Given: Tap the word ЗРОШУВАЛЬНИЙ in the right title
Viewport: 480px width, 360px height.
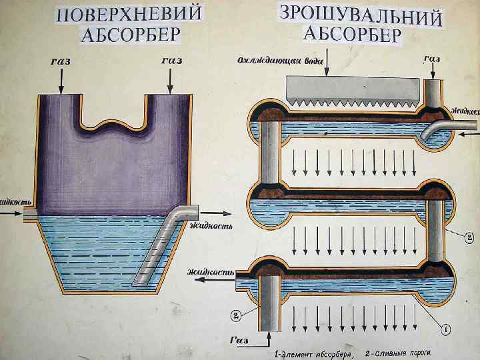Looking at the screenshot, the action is click(361, 16).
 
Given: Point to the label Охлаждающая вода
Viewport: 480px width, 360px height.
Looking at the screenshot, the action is click(281, 60).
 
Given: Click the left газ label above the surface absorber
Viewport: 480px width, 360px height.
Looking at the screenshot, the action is click(61, 61).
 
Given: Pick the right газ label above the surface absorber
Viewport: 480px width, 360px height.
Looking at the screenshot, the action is click(171, 61).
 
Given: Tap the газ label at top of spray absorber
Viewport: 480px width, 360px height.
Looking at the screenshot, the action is click(431, 58).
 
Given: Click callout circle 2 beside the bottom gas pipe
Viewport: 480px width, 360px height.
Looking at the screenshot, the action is click(236, 314).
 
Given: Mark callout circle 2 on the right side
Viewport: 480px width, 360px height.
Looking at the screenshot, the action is click(469, 236).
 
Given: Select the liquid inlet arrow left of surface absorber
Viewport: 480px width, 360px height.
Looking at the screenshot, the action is click(13, 213).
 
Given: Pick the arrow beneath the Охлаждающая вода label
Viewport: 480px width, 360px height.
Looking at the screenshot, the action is click(327, 70).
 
